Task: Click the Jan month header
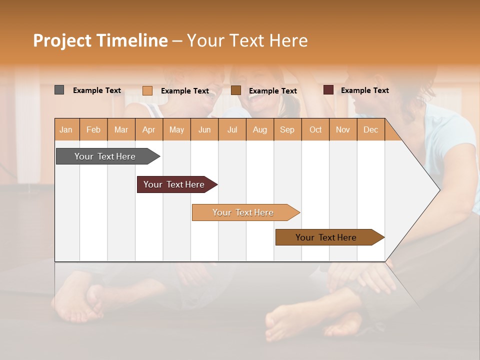point(66,129)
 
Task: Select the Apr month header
point(149,129)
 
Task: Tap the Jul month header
point(232,129)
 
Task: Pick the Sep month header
point(287,129)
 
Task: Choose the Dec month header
point(370,129)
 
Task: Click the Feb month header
point(93,129)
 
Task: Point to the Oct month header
point(315,129)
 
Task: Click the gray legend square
point(59,90)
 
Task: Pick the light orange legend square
point(147,90)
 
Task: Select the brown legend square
point(236,90)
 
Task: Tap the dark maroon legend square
point(328,90)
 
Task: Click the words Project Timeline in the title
point(100,40)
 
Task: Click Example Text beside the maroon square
point(364,90)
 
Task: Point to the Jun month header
point(204,129)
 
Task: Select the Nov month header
point(343,129)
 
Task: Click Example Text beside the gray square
point(97,90)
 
